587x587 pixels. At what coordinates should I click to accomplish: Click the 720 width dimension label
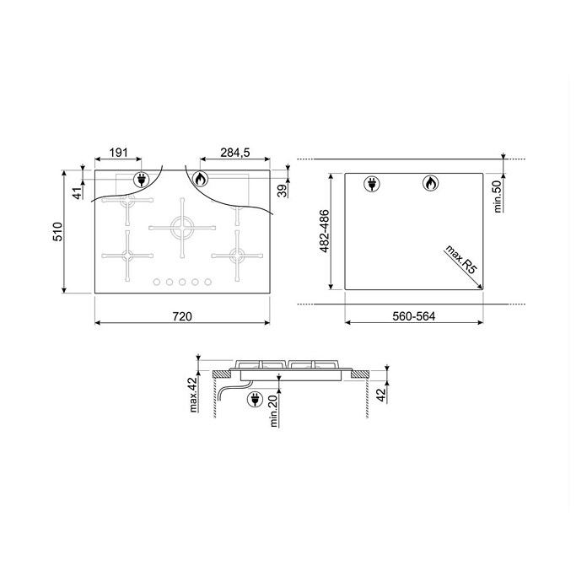coord(182,317)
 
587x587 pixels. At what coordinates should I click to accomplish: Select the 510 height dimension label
coord(58,232)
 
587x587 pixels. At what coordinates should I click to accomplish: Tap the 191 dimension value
coord(118,153)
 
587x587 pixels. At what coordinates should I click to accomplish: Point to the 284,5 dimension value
coord(234,153)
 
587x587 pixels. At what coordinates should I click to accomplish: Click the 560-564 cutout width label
coord(413,317)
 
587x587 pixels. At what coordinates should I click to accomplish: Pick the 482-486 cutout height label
coord(324,231)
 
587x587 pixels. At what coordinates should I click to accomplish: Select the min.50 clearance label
coord(498,197)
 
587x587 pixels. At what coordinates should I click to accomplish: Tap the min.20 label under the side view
coord(274,411)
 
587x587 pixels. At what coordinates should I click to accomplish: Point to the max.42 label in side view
coord(193,395)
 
